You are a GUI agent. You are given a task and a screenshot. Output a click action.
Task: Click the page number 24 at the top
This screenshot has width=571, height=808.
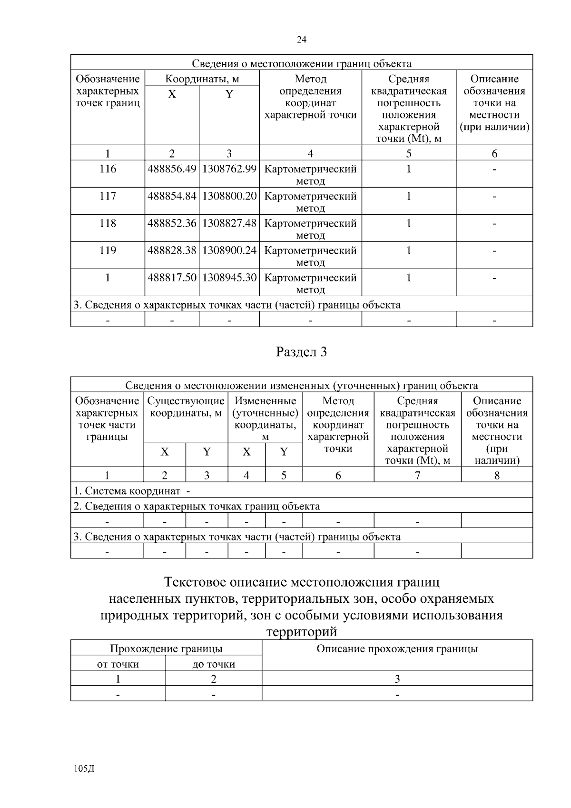tap(301, 40)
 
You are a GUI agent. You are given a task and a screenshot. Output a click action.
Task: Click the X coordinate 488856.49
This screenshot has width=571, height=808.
tap(172, 169)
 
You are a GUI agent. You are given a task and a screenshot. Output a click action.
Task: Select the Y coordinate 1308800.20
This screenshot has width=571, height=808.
tap(229, 196)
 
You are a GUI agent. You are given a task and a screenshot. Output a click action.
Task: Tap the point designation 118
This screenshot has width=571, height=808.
tap(108, 223)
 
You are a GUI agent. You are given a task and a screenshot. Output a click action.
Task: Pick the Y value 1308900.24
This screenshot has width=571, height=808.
tap(229, 250)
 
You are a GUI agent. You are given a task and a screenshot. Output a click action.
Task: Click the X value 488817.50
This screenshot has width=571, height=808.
tap(172, 278)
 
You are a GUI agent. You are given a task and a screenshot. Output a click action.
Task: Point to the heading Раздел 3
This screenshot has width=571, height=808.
tap(301, 352)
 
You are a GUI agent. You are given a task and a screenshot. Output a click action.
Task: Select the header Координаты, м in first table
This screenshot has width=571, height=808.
tap(202, 79)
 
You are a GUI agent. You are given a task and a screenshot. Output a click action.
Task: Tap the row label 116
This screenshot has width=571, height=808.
tap(108, 169)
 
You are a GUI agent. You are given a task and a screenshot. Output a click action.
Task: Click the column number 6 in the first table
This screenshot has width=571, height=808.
tap(494, 153)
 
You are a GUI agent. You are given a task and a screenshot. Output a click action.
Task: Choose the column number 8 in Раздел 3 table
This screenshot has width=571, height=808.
tap(497, 475)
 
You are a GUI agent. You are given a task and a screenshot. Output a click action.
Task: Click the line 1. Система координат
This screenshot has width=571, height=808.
tap(131, 491)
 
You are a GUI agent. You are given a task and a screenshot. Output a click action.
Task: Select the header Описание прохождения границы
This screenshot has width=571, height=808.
tap(397, 648)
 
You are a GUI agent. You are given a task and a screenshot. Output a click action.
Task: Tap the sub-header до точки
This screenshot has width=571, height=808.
tap(214, 664)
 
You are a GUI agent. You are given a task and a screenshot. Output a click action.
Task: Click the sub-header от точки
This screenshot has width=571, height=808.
tap(118, 664)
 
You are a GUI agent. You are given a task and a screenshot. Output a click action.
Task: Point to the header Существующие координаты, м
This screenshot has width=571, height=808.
tap(186, 407)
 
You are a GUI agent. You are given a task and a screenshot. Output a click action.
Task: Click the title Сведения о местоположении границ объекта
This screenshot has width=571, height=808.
tap(301, 64)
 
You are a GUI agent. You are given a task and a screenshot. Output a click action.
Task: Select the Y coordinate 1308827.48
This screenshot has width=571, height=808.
tap(229, 223)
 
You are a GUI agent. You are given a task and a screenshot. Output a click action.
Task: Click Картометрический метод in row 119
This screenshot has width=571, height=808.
tap(310, 256)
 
